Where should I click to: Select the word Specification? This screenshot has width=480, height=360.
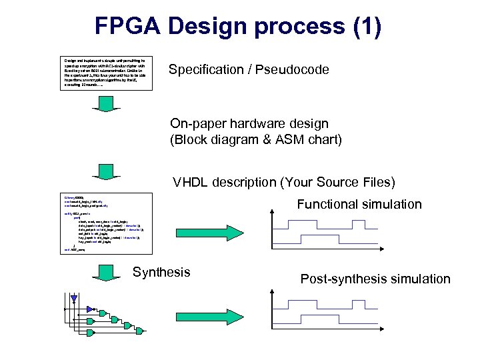tap(207, 70)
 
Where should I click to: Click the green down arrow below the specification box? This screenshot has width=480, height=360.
tap(106, 104)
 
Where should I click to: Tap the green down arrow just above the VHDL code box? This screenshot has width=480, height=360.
tap(106, 170)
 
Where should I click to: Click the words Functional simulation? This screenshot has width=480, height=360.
tap(359, 204)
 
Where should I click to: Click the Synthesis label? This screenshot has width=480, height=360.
tap(161, 272)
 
